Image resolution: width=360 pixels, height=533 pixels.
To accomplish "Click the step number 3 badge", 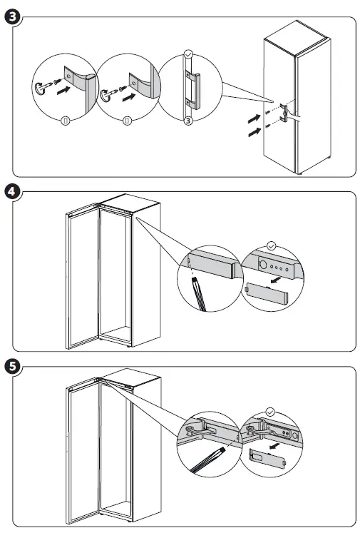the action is pyautogui.click(x=13, y=16).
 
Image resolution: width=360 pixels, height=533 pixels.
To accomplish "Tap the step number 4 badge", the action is pyautogui.click(x=13, y=191).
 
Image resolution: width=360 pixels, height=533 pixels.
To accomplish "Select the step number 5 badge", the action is pyautogui.click(x=13, y=367).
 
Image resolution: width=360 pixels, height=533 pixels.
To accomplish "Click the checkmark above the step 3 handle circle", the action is pyautogui.click(x=187, y=54).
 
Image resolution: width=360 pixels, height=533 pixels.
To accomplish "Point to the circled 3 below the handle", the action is pyautogui.click(x=188, y=121).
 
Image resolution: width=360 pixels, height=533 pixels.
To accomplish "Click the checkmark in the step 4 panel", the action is pyautogui.click(x=272, y=245).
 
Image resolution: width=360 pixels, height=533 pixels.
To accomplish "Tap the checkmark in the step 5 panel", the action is pyautogui.click(x=270, y=412).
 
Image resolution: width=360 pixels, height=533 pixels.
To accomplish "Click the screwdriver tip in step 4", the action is pyautogui.click(x=195, y=280).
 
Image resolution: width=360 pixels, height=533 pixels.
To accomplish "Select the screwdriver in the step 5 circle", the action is pyautogui.click(x=208, y=460).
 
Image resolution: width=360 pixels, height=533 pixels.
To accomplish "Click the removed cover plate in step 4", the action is pyautogui.click(x=267, y=293).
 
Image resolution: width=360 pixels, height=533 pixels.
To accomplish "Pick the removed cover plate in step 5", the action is pyautogui.click(x=267, y=459).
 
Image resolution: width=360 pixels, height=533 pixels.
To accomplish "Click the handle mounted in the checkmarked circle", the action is pyautogui.click(x=192, y=90).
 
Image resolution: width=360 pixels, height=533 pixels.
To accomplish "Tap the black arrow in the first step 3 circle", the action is pyautogui.click(x=63, y=90).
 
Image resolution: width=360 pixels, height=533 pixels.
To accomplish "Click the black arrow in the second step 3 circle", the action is pyautogui.click(x=129, y=97).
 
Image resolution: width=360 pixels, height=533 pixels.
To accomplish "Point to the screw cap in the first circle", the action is pyautogui.click(x=38, y=88).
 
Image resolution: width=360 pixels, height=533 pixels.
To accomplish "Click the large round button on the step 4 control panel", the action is pyautogui.click(x=263, y=264).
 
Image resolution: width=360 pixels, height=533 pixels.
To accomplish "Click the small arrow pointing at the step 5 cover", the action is pyautogui.click(x=274, y=445).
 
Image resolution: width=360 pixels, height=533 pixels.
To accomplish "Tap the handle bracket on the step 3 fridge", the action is pyautogui.click(x=284, y=113).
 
